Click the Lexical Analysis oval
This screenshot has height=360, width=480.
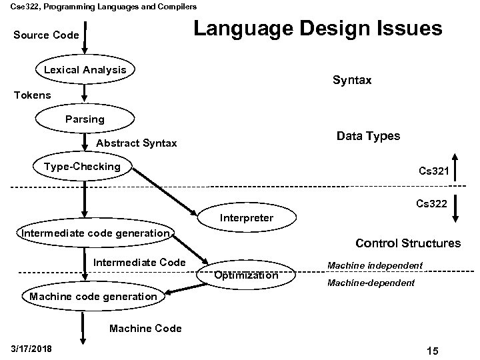pyautogui.click(x=85, y=70)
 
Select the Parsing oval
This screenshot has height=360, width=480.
pyautogui.click(x=85, y=119)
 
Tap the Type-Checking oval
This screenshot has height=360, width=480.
pyautogui.click(x=82, y=167)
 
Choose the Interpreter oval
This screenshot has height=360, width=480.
pyautogui.click(x=246, y=218)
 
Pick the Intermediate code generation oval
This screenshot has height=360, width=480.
pyautogui.click(x=95, y=233)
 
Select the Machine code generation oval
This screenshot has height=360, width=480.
pyautogui.click(x=93, y=296)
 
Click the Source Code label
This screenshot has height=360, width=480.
pyautogui.click(x=45, y=35)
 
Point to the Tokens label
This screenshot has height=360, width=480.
pyautogui.click(x=32, y=95)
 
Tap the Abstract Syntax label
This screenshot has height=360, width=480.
pyautogui.click(x=137, y=143)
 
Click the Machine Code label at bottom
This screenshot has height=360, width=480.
pyautogui.click(x=145, y=329)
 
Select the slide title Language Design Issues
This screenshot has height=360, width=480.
pyautogui.click(x=317, y=29)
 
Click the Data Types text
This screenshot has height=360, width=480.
pyautogui.click(x=368, y=136)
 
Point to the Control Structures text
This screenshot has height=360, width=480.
pyautogui.click(x=408, y=243)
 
